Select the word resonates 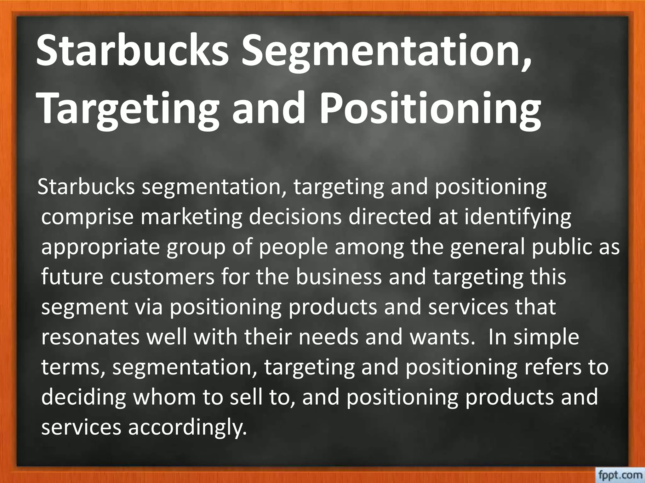click(90, 338)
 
